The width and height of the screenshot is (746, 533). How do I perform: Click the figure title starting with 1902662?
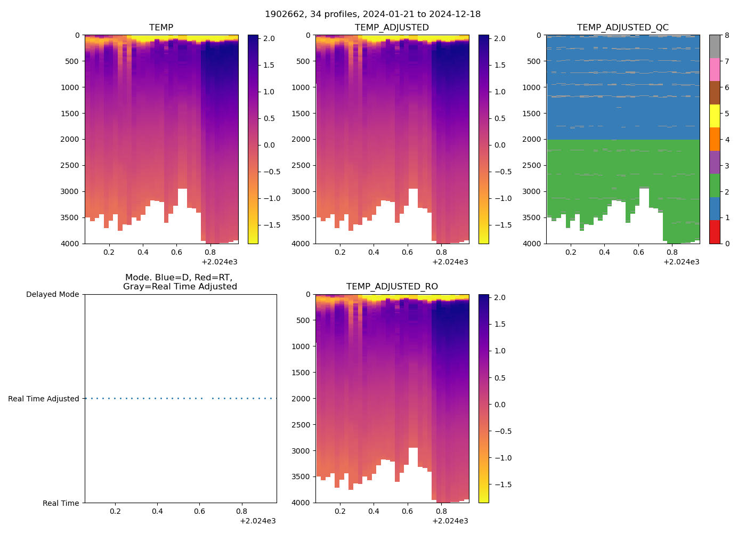coord(372,14)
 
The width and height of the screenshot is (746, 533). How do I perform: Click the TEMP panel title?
coord(161,27)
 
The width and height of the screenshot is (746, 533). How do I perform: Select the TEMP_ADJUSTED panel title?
coord(392,27)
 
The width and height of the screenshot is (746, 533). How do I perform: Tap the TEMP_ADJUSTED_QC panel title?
coord(622,27)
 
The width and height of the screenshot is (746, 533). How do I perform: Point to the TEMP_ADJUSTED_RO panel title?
coord(392,286)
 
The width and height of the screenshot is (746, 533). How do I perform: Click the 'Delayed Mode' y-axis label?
coord(52,294)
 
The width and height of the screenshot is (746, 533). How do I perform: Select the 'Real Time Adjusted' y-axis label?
coord(44,399)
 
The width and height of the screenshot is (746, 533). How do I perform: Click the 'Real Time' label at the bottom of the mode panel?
coord(61,503)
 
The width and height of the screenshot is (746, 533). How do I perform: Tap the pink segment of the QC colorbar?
coord(715,69)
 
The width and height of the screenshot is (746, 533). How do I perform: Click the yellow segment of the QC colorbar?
coord(715,116)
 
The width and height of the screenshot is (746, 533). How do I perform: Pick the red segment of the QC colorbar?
coord(715,232)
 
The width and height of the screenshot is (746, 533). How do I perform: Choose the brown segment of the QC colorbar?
coord(715,93)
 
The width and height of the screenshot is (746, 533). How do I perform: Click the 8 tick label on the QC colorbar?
coord(727,35)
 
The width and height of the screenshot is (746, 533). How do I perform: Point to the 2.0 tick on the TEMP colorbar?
coord(269,38)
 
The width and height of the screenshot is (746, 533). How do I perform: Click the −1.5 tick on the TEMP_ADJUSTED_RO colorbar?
coord(499,484)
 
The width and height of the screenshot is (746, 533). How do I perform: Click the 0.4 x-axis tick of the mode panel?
coord(157,511)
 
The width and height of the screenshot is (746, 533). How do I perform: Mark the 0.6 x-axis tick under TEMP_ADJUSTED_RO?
coord(407,511)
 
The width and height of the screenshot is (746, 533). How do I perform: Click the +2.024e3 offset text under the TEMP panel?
coord(220,262)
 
